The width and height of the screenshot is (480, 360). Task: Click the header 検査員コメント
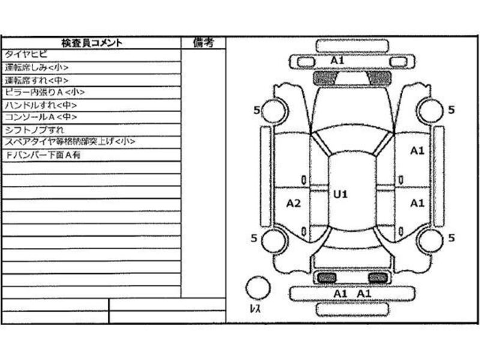[x=91, y=43]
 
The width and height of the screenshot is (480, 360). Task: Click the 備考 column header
[x=203, y=43]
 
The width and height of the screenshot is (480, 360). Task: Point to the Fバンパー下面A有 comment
[x=43, y=154]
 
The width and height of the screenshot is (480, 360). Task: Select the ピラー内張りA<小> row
[x=44, y=92]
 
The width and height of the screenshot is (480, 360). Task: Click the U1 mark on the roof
[x=341, y=194]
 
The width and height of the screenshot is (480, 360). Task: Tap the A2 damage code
[x=293, y=203]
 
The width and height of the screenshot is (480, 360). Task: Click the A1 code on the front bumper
[x=337, y=61]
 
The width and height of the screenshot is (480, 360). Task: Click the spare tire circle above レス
[x=258, y=287]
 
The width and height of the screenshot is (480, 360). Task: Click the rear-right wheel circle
[x=430, y=241]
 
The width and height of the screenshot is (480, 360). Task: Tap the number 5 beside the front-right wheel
[x=451, y=110]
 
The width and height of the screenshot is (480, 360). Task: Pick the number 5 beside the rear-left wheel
[x=255, y=238]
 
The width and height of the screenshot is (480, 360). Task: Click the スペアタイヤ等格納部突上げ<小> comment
[x=70, y=142]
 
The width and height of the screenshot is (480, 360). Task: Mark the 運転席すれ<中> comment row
[x=36, y=80]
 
